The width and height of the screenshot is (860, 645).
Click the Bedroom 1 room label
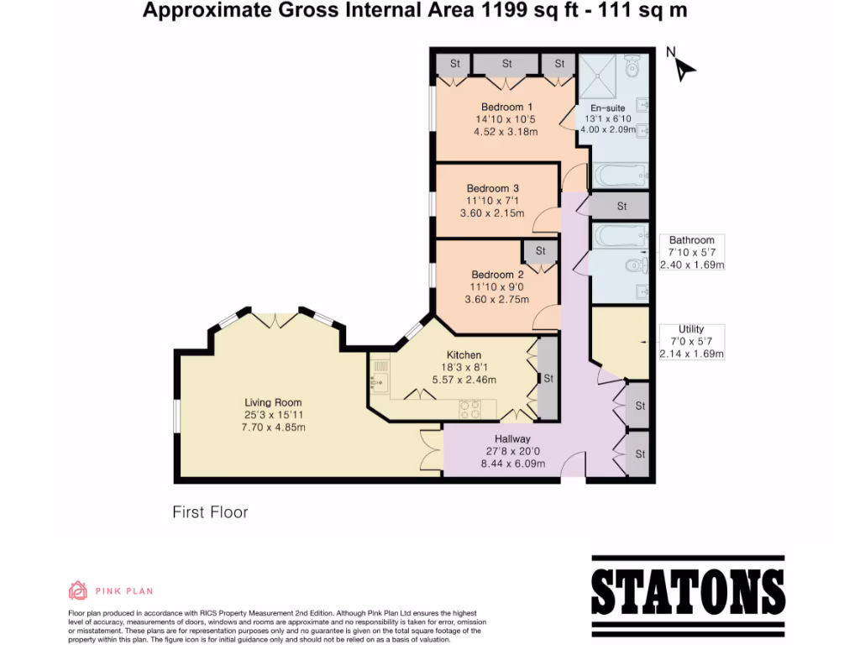click(506, 107)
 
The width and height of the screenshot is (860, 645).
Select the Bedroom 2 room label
click(497, 275)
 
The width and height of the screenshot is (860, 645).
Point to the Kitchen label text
click(464, 354)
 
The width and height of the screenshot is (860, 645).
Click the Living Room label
click(273, 402)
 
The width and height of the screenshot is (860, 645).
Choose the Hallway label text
click(512, 438)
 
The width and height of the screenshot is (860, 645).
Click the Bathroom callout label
click(691, 240)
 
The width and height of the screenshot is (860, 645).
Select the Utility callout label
click(691, 329)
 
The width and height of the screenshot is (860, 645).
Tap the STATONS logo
click(688, 591)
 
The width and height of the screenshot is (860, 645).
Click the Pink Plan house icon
click(78, 590)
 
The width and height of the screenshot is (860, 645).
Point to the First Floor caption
click(210, 511)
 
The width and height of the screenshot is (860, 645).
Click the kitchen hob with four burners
click(469, 408)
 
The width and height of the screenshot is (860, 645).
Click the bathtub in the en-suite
click(620, 176)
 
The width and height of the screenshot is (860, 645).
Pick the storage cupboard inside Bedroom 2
click(540, 250)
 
